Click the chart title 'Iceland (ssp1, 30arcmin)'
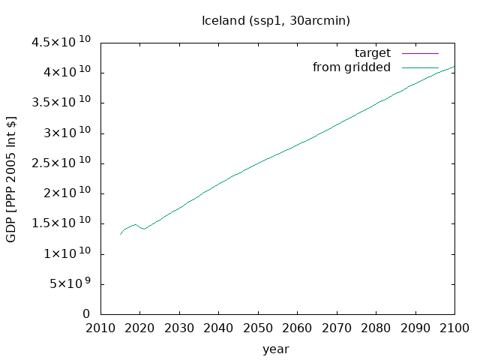pos(276,21)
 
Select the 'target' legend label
pos(373,53)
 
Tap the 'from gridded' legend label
pos(352,67)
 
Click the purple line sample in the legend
pos(420,53)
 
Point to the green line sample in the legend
pos(420,67)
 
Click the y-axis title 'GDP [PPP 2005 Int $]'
pos(10,179)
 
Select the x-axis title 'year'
pos(276,349)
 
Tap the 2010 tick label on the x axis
pos(100,328)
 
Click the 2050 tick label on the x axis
pos(258,328)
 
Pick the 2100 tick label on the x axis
pos(454,328)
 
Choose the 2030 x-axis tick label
pos(179,328)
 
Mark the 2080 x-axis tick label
pos(376,328)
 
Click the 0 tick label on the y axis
pos(86,313)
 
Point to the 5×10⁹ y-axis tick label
pos(70,283)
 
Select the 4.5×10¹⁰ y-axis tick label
pos(61,42)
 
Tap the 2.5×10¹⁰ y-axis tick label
pos(61,162)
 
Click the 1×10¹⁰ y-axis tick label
pos(67,253)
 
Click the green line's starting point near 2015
pos(120,235)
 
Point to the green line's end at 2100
pos(454,66)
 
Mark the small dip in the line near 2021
pos(144,229)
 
